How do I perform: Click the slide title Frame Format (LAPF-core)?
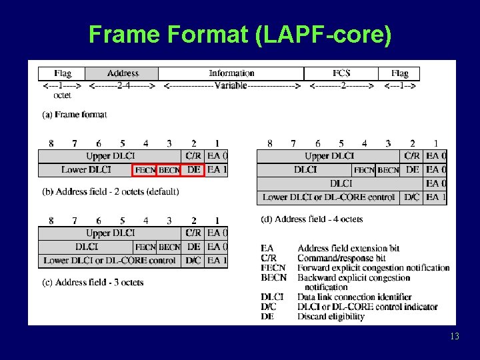pyautogui.click(x=239, y=34)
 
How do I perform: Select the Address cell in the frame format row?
pyautogui.click(x=123, y=73)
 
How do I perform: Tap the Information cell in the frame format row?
pyautogui.click(x=231, y=73)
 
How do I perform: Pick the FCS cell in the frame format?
pyautogui.click(x=341, y=73)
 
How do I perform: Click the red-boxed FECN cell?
pyautogui.click(x=145, y=170)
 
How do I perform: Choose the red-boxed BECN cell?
pyautogui.click(x=169, y=170)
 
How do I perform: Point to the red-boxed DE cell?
pyautogui.click(x=193, y=170)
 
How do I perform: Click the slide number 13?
pyautogui.click(x=455, y=337)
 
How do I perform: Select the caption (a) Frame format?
pyautogui.click(x=75, y=115)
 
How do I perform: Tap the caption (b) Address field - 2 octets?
pyautogui.click(x=111, y=192)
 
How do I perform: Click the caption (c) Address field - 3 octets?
pyautogui.click(x=93, y=283)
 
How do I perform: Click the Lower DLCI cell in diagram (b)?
pyautogui.click(x=86, y=170)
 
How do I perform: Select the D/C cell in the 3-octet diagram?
pyautogui.click(x=193, y=261)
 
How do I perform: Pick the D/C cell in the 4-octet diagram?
pyautogui.click(x=413, y=197)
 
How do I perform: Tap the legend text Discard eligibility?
pyautogui.click(x=331, y=317)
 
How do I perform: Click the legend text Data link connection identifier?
pyautogui.click(x=355, y=297)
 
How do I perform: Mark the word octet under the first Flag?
pyautogui.click(x=62, y=95)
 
